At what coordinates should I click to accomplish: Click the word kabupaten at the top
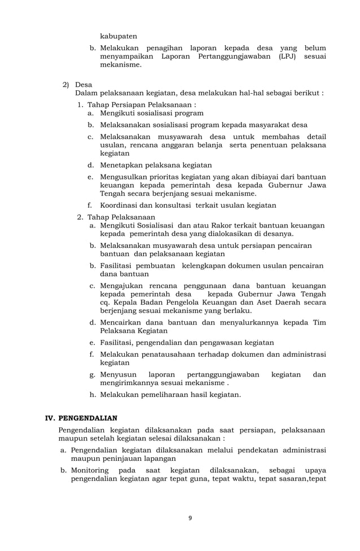[x=118, y=36]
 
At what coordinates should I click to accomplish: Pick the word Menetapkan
[x=124, y=165]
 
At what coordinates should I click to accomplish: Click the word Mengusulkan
[x=127, y=177]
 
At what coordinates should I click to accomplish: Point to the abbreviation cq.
[x=104, y=303]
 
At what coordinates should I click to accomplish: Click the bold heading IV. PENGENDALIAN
[x=81, y=418]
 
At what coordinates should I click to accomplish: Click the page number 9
[x=190, y=518]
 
